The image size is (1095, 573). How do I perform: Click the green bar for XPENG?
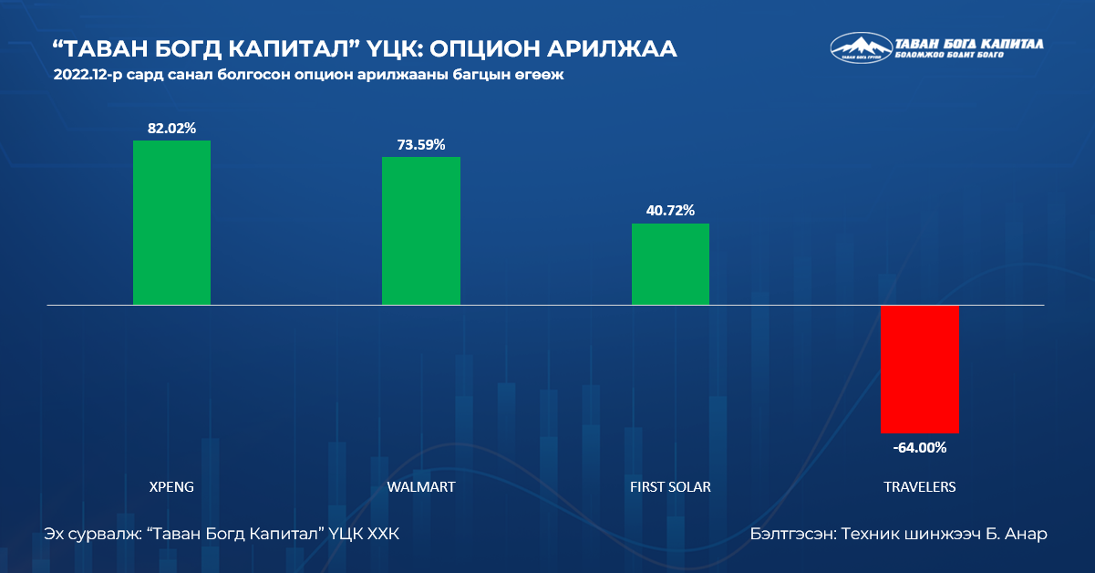(171, 222)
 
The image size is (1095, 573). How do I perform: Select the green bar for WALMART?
(420, 230)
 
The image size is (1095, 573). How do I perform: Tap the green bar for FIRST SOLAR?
(670, 264)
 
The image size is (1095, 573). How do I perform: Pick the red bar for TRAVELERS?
(919, 370)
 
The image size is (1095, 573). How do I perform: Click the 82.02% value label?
(171, 129)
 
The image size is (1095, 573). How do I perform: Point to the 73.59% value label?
(420, 145)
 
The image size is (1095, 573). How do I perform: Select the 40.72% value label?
(670, 211)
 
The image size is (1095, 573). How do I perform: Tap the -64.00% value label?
(919, 447)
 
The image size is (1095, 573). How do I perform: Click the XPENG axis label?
(171, 487)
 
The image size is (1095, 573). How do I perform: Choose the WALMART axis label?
(420, 487)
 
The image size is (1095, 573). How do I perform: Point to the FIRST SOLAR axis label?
(670, 487)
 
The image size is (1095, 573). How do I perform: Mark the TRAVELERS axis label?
(919, 487)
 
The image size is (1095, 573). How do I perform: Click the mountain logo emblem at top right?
(860, 47)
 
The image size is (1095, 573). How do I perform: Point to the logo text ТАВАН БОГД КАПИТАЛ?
(969, 43)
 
